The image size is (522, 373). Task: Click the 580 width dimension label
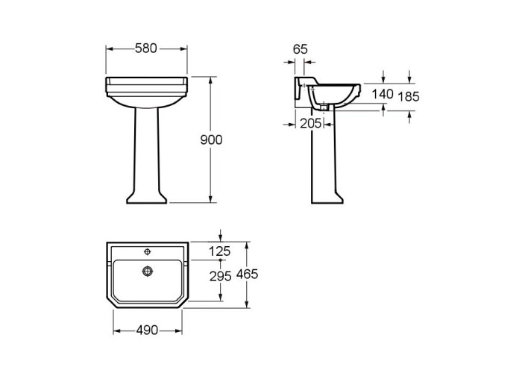pyautogui.click(x=146, y=48)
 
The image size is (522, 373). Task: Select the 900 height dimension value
pyautogui.click(x=211, y=140)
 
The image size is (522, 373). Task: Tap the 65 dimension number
pyautogui.click(x=301, y=49)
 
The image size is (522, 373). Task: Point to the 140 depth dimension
pyautogui.click(x=383, y=94)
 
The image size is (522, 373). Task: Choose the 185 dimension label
pyautogui.click(x=409, y=96)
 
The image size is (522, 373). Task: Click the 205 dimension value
pyautogui.click(x=311, y=124)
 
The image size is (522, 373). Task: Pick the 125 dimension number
pyautogui.click(x=220, y=251)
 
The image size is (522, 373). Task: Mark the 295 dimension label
pyautogui.click(x=221, y=276)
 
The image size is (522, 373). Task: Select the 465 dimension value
pyautogui.click(x=247, y=274)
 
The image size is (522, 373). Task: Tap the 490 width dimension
pyautogui.click(x=147, y=330)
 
